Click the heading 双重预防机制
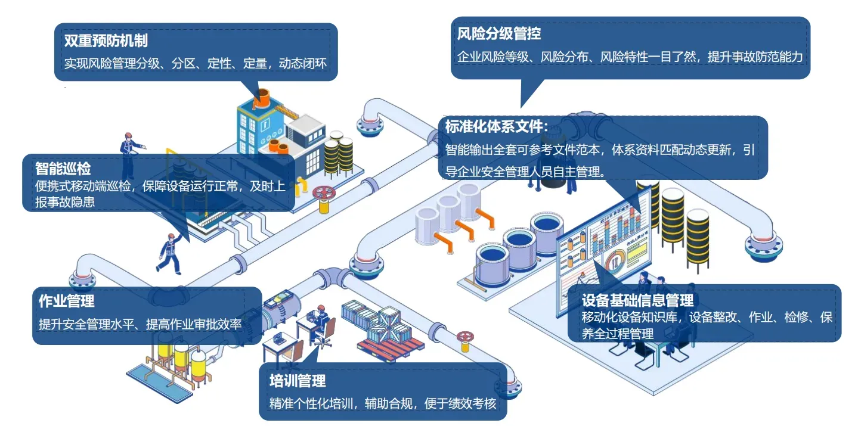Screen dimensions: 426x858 pyautogui.click(x=106, y=41)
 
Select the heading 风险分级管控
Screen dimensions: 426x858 pyautogui.click(x=499, y=33)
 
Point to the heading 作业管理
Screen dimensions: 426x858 pyautogui.click(x=66, y=301)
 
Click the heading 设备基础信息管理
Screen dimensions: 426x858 pyautogui.click(x=637, y=300)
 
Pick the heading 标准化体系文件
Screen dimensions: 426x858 pyautogui.click(x=495, y=126)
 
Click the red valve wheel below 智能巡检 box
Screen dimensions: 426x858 pyautogui.click(x=324, y=194)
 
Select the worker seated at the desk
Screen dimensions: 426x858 pyautogui.click(x=322, y=322)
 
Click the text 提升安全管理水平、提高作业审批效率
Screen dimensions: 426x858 pyautogui.click(x=140, y=325)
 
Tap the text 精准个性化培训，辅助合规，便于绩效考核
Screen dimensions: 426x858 pyautogui.click(x=382, y=403)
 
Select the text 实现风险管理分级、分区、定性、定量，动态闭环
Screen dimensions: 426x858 pyautogui.click(x=196, y=63)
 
